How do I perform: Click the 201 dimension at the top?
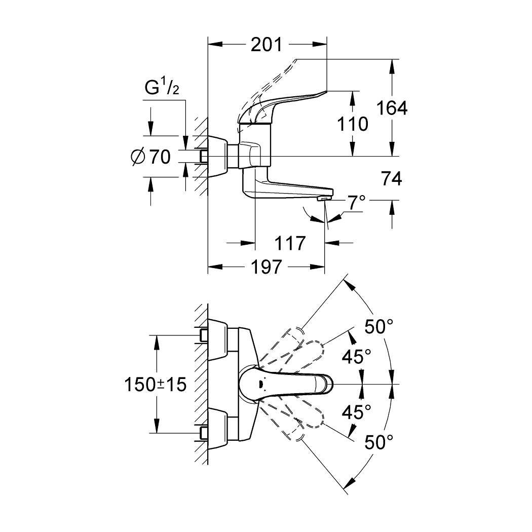(x=267, y=45)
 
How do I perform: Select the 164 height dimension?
(x=391, y=107)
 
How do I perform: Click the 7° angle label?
(x=356, y=203)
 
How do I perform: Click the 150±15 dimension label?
(x=156, y=384)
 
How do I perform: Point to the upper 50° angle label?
(x=379, y=328)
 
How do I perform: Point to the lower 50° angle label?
(x=379, y=442)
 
